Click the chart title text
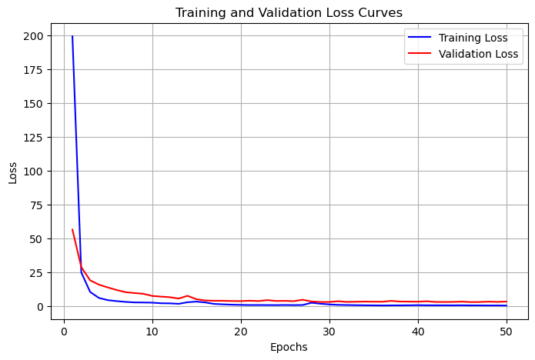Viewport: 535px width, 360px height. (x=289, y=12)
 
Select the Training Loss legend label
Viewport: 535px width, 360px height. (x=473, y=38)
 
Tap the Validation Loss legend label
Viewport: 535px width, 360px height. (x=478, y=54)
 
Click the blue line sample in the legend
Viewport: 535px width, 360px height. (x=420, y=37)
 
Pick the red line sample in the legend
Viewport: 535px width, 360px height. (x=420, y=53)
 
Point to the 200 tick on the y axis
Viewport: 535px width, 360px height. (x=33, y=36)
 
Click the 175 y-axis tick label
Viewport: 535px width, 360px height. (x=33, y=69)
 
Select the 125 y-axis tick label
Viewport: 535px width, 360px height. (x=33, y=138)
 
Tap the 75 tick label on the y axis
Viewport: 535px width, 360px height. (x=36, y=205)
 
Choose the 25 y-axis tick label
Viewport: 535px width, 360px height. (x=36, y=273)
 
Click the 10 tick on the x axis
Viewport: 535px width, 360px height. (x=152, y=332)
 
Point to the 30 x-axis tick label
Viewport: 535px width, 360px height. (x=329, y=332)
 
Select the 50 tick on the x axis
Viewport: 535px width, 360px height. (x=507, y=332)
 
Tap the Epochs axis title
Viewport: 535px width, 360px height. (x=289, y=348)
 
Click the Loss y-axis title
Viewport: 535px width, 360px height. (x=12, y=173)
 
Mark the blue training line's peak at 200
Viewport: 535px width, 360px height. (x=72, y=36)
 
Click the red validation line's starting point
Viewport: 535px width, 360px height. (x=72, y=229)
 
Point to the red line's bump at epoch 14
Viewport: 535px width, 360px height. (x=187, y=295)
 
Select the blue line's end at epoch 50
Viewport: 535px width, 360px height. (x=507, y=305)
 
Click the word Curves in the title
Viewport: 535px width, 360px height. (x=380, y=12)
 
